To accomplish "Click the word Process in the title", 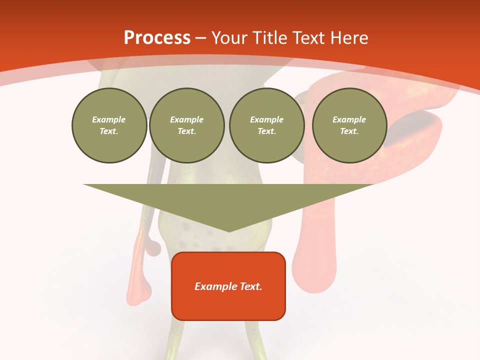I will pyautogui.click(x=157, y=38).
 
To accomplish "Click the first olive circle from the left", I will pyautogui.click(x=109, y=125).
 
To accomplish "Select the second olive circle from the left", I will pyautogui.click(x=187, y=125).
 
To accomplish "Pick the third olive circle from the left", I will pyautogui.click(x=266, y=125).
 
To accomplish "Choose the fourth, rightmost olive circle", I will pyautogui.click(x=349, y=125).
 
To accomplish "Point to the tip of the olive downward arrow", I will pyautogui.click(x=229, y=230).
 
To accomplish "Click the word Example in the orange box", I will pyautogui.click(x=215, y=286).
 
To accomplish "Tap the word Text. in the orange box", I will pyautogui.click(x=250, y=286).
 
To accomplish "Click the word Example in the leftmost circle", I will pyautogui.click(x=109, y=119).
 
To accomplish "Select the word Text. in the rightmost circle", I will pyautogui.click(x=349, y=131).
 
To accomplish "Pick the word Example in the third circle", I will pyautogui.click(x=266, y=119).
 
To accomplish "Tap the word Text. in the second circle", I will pyautogui.click(x=187, y=131).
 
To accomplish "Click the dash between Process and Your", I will pyautogui.click(x=201, y=38).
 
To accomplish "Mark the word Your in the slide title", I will pyautogui.click(x=231, y=38).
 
